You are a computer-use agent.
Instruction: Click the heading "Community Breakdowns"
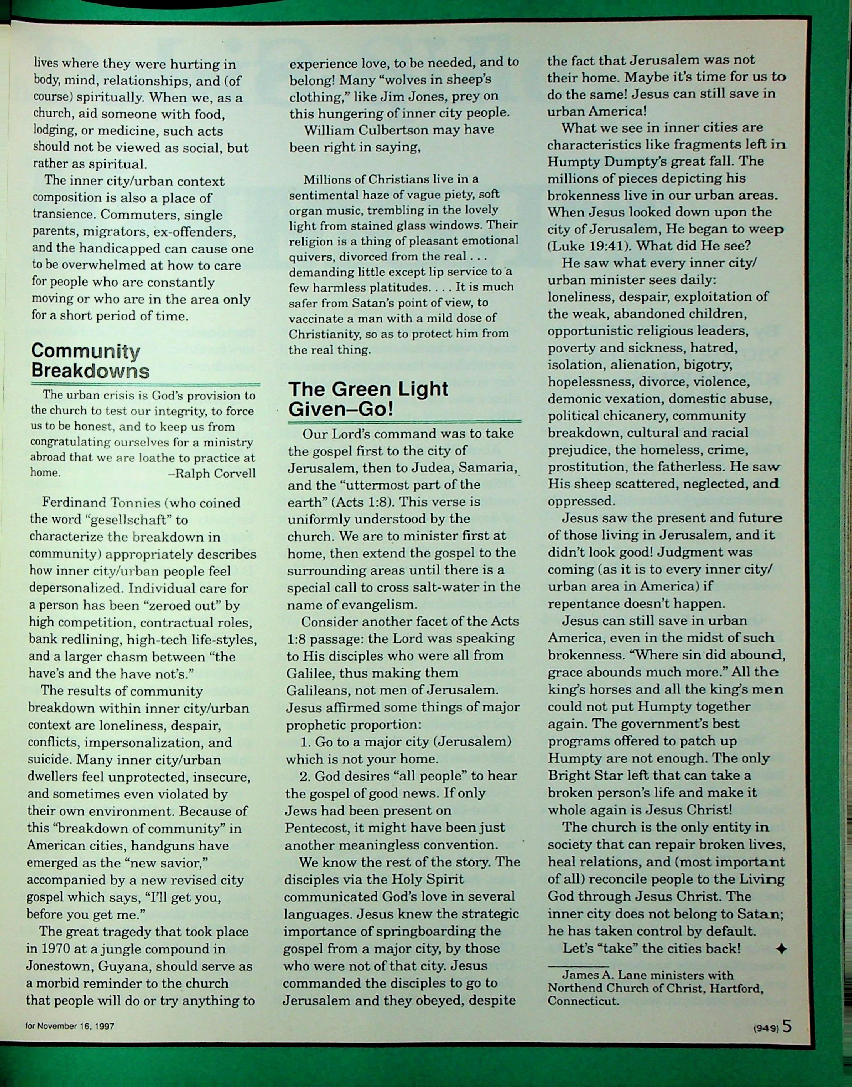tap(90, 361)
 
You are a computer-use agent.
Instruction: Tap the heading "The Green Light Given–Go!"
tap(368, 399)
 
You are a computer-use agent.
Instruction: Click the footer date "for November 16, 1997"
tap(70, 1026)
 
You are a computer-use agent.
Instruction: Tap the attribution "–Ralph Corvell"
tap(212, 473)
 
